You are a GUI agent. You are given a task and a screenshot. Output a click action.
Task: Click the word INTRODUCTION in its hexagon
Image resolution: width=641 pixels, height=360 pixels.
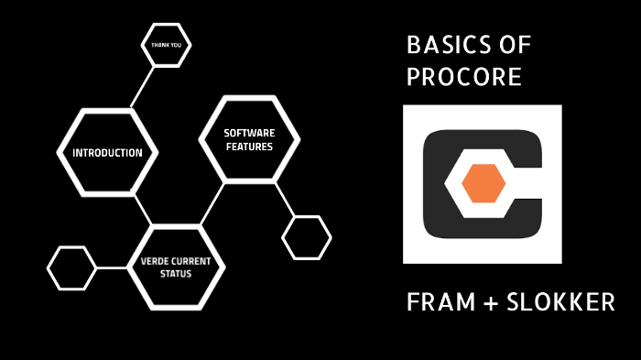click(107, 153)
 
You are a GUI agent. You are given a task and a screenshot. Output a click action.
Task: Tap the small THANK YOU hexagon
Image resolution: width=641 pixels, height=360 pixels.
click(166, 44)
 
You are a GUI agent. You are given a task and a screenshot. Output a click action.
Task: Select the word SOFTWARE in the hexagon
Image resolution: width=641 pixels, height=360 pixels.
click(249, 133)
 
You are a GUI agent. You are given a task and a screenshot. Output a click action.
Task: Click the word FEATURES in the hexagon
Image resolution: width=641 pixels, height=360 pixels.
click(249, 147)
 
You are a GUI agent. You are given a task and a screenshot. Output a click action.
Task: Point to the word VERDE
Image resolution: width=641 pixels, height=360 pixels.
click(154, 261)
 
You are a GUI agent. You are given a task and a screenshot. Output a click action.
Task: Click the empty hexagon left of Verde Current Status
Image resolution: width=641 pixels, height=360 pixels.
click(71, 267)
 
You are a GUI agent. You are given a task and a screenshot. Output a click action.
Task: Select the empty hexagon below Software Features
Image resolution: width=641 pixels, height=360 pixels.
click(306, 238)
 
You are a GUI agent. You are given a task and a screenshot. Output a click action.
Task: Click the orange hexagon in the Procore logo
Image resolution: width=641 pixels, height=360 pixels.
click(483, 183)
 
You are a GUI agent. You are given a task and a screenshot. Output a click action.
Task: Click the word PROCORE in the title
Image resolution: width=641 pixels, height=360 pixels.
click(463, 77)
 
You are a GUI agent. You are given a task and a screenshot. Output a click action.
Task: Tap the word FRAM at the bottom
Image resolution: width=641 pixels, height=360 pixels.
click(436, 303)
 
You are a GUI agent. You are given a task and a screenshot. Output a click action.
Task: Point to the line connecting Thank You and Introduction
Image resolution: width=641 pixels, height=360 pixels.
click(142, 87)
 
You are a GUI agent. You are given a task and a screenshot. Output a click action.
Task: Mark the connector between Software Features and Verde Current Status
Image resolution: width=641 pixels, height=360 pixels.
click(212, 205)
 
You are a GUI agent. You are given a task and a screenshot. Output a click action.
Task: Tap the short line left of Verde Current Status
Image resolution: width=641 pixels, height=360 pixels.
click(111, 267)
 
